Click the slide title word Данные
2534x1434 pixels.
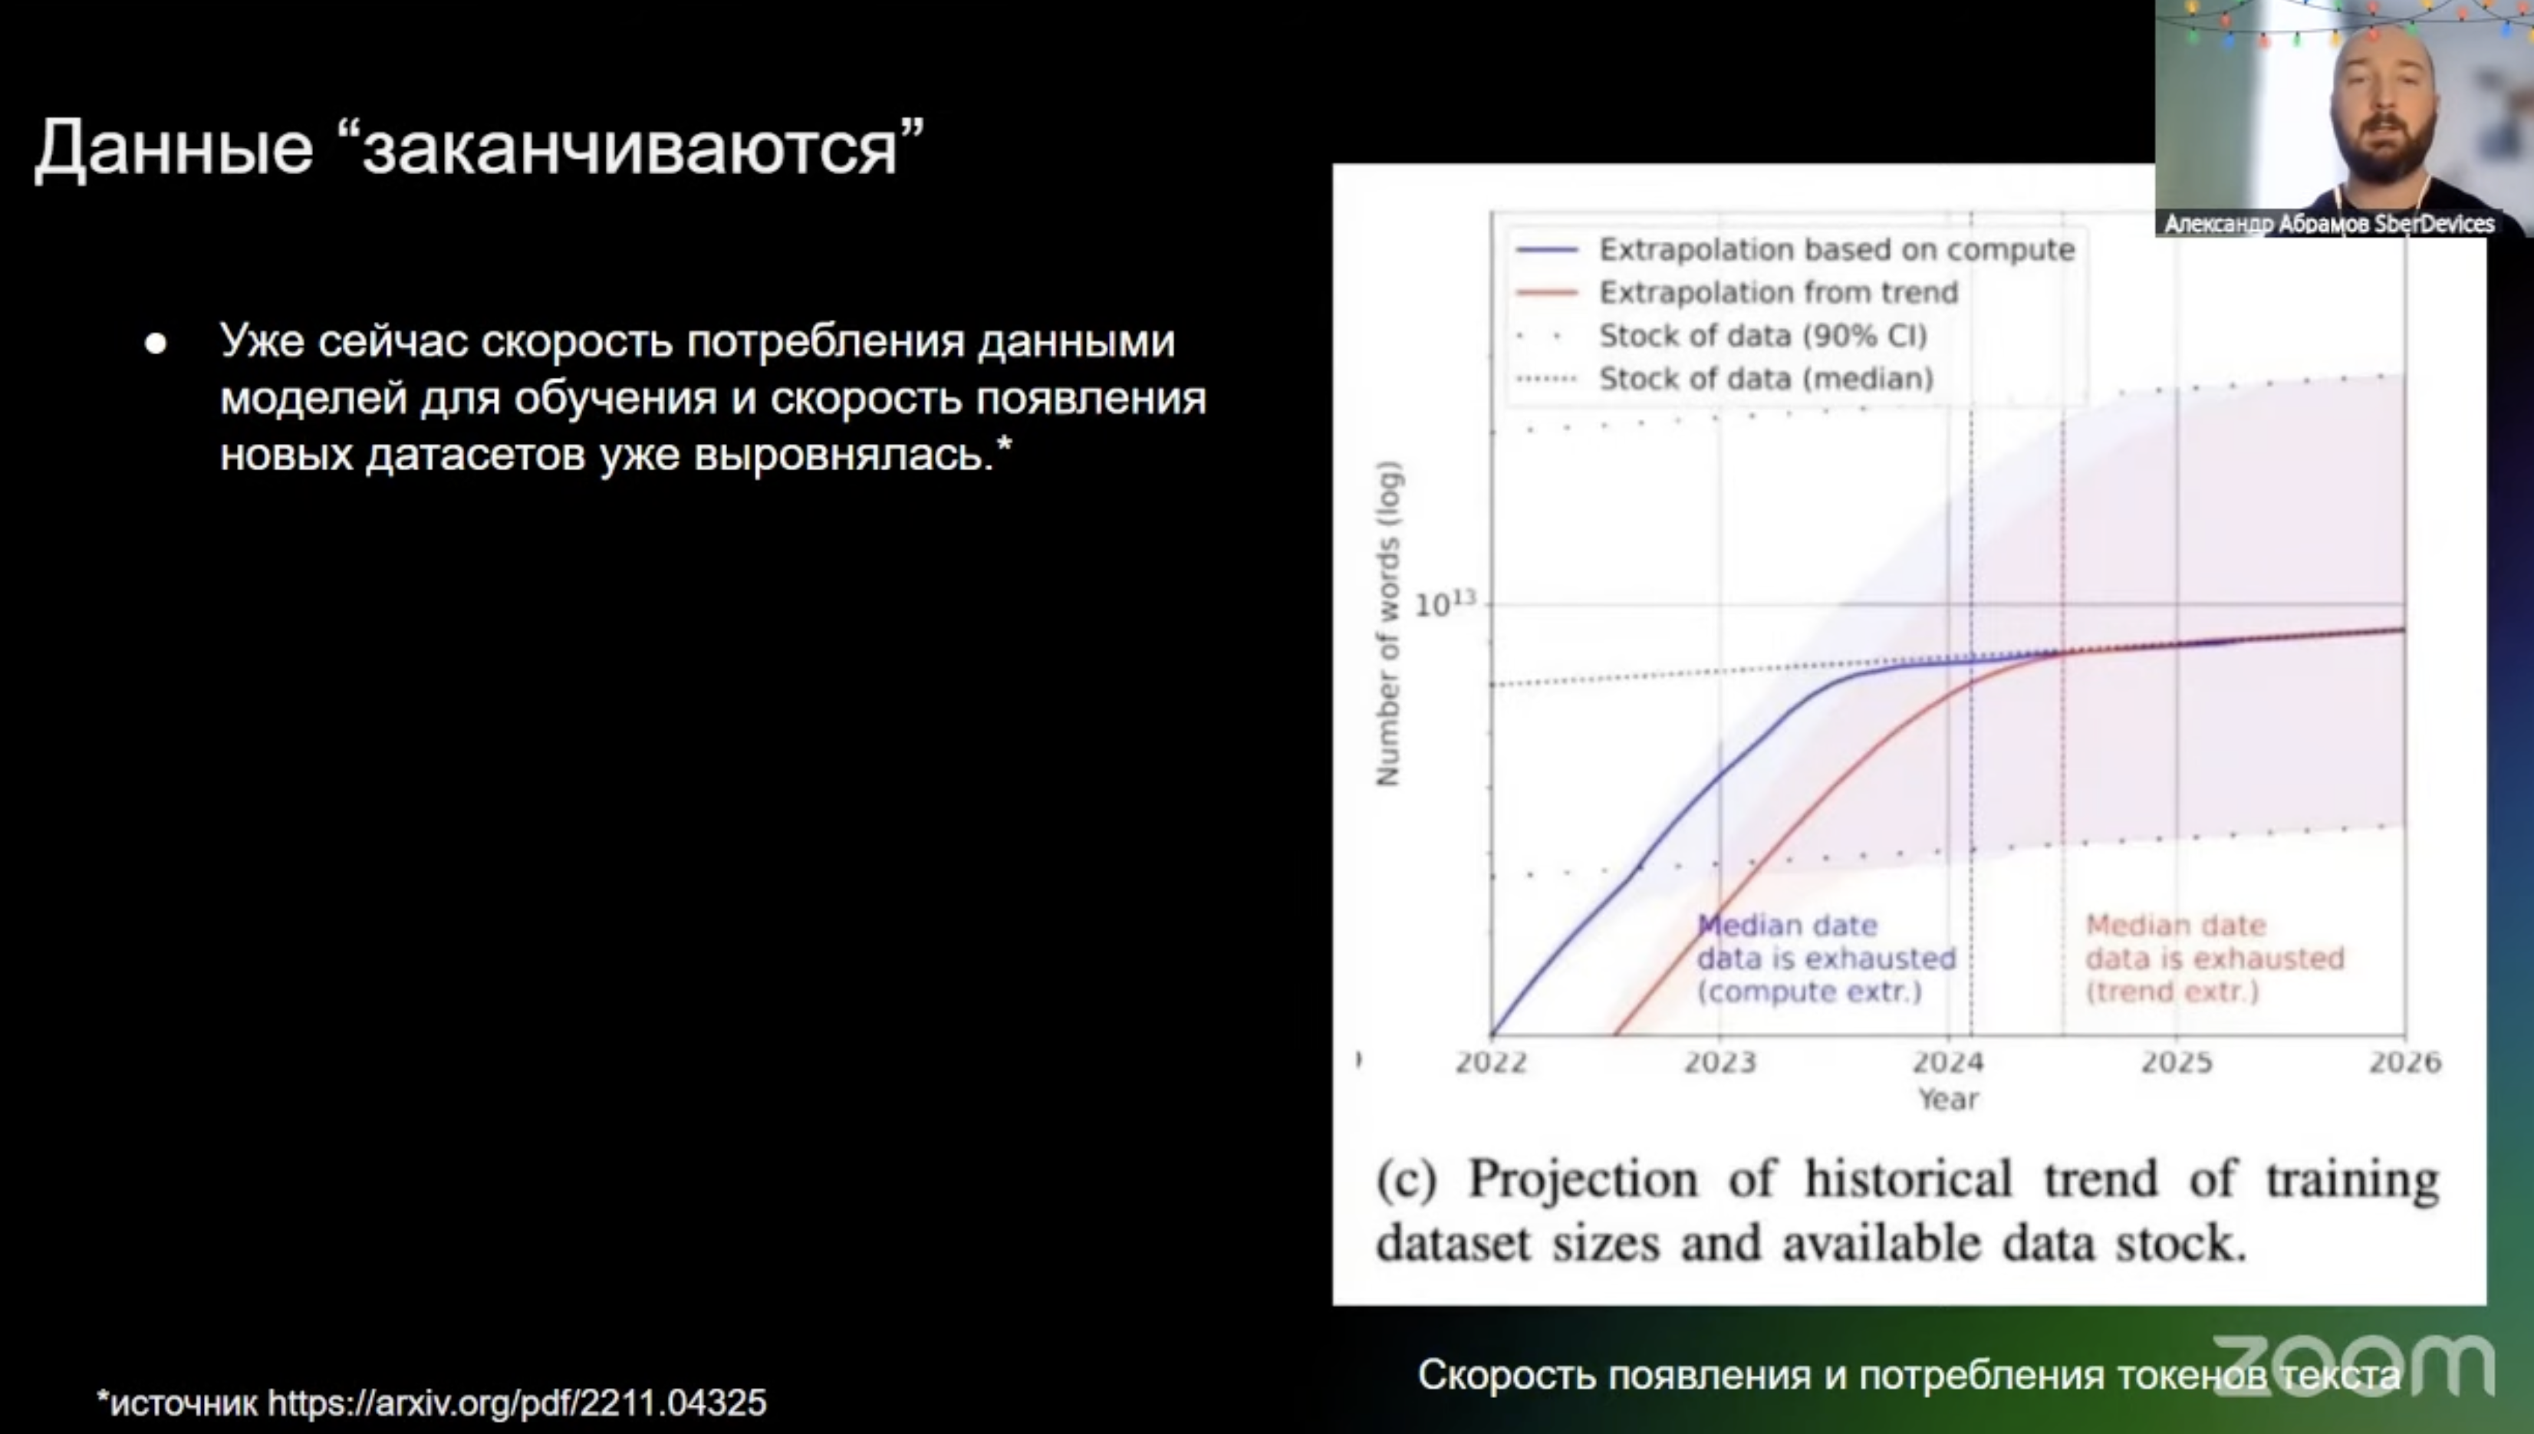(174, 148)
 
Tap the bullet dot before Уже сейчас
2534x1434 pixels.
(156, 343)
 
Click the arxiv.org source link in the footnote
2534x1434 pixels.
(517, 1402)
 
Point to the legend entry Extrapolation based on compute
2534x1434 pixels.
(1795, 249)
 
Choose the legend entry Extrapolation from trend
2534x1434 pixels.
(1736, 292)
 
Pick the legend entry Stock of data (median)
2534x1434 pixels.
(1724, 378)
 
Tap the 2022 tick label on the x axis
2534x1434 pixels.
(1491, 1062)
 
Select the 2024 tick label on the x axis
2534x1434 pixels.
(1948, 1062)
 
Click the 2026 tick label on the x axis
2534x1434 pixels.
(2405, 1062)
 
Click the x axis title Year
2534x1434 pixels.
(1948, 1099)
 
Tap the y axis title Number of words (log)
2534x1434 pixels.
(1387, 624)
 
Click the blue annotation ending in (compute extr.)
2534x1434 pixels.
(1825, 959)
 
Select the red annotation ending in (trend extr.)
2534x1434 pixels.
(2215, 959)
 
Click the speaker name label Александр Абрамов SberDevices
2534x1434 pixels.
(2329, 225)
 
